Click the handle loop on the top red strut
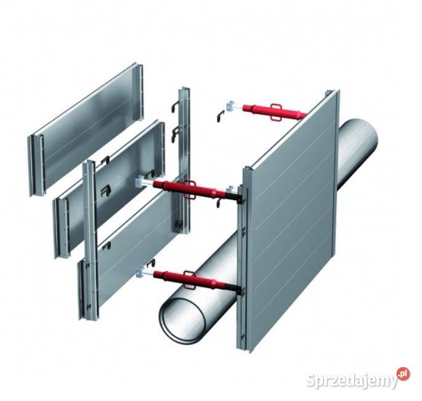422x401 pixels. point(278,112)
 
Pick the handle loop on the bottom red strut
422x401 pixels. point(190,280)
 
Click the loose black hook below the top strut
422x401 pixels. point(221,116)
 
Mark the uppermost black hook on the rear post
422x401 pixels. point(175,107)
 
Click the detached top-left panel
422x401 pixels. point(86,129)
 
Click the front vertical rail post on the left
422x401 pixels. point(91,240)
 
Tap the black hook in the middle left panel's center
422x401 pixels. point(105,190)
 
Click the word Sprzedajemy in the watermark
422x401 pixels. point(352,380)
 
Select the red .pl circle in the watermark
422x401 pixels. point(404,373)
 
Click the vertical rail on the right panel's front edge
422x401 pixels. point(243,258)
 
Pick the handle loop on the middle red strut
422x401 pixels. point(190,190)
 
